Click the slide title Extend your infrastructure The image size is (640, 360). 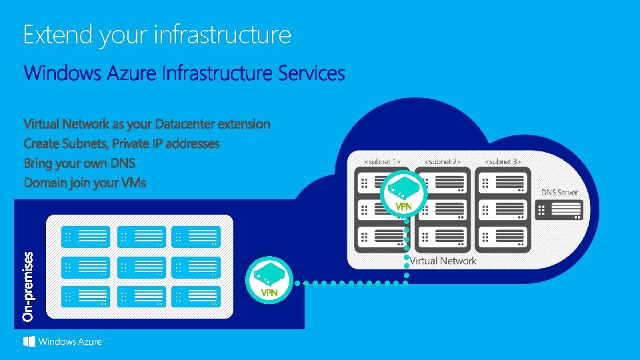point(157,35)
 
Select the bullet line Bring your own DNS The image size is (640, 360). point(79,163)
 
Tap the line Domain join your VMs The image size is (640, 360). point(85,182)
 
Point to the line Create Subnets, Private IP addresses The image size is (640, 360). point(121,143)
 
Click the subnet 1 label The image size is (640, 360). point(381,161)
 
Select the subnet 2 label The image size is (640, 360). point(442,161)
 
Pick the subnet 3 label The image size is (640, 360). point(502,161)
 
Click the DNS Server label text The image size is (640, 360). point(559,192)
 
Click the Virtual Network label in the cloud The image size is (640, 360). point(443,261)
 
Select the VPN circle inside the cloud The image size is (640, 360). point(403,193)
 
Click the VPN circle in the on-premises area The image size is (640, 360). point(269,279)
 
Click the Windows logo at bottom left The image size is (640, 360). point(29,341)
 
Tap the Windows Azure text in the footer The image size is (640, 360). point(70,342)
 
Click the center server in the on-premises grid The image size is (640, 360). point(141,267)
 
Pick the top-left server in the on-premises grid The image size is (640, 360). point(86,236)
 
